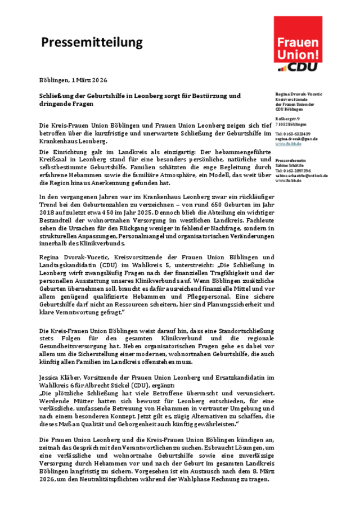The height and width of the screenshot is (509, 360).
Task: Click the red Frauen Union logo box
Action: coord(298,40)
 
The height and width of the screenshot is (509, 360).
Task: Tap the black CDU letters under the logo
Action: coord(305,67)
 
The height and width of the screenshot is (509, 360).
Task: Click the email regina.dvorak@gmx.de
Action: coord(296,139)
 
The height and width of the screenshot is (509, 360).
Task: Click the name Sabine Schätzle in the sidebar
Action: coord(290,165)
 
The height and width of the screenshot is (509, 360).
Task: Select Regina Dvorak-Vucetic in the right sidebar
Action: coord(298,93)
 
